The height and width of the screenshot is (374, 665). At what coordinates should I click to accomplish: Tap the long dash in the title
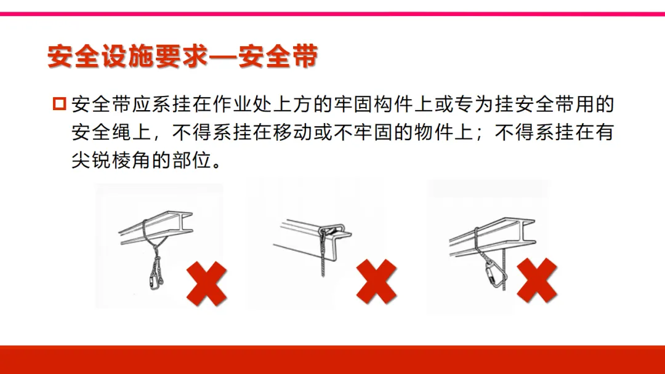224,57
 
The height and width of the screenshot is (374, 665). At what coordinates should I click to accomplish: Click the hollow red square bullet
59,104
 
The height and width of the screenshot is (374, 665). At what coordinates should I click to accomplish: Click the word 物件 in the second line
434,132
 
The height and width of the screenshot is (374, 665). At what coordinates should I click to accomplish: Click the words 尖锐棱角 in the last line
111,160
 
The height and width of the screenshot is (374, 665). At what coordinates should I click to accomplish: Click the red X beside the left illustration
206,284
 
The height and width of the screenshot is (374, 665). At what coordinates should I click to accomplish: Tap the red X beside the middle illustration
376,282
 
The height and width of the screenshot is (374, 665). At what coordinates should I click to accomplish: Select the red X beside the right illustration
536,280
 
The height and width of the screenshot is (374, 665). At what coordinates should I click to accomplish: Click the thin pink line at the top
332,14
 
